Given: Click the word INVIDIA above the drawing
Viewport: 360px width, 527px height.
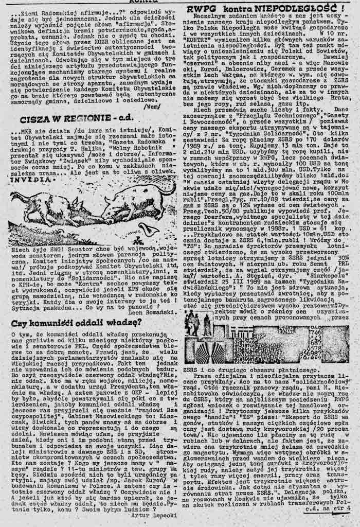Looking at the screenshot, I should pyautogui.click(x=23, y=181).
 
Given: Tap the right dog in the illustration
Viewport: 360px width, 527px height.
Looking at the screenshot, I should pyautogui.click(x=136, y=201).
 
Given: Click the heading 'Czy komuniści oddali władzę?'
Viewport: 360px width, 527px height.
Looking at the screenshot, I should pyautogui.click(x=76, y=323).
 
